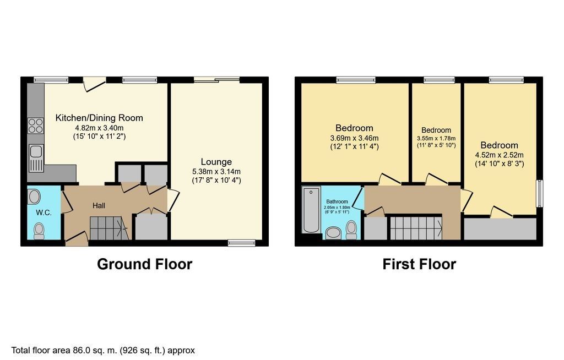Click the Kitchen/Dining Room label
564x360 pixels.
99,118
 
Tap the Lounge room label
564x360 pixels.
216,162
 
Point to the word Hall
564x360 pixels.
99,205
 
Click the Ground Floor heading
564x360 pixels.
144,264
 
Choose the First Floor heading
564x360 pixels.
419,264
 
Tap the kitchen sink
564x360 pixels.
36,156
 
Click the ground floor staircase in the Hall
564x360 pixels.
109,228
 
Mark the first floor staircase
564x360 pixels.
416,228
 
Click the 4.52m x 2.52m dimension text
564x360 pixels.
500,155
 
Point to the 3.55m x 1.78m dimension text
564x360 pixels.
436,138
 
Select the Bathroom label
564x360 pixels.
338,202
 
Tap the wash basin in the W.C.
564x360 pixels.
34,197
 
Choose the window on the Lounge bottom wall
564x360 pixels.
242,242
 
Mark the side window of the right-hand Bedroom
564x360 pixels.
539,194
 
